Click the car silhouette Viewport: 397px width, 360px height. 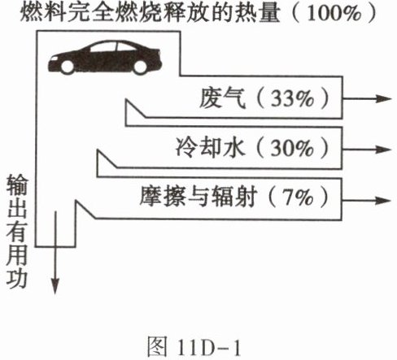coord(105,57)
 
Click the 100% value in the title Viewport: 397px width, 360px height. coord(334,13)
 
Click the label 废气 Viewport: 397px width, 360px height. coord(222,98)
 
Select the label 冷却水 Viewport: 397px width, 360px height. coord(209,149)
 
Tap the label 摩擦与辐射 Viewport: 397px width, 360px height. coord(198,197)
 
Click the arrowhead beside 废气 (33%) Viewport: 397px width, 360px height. coord(383,98)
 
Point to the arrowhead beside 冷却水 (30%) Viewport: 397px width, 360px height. coord(383,150)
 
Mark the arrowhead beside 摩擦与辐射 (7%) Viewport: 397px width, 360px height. coord(383,201)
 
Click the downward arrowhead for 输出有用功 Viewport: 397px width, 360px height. coord(55,286)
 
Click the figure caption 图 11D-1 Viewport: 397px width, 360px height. coord(194,347)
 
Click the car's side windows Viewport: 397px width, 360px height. coord(111,47)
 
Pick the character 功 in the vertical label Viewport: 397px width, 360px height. coord(17,280)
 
